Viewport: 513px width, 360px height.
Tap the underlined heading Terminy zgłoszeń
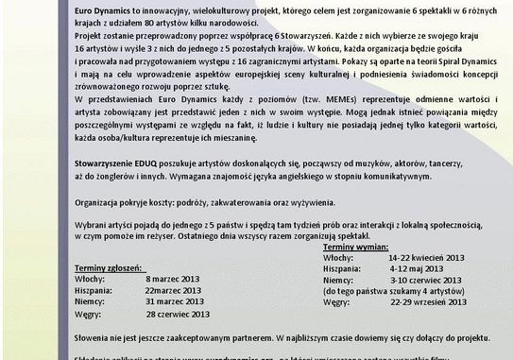[111, 268]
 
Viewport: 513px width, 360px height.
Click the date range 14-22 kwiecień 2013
[427, 257]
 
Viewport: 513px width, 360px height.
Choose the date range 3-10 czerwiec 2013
[426, 281]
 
